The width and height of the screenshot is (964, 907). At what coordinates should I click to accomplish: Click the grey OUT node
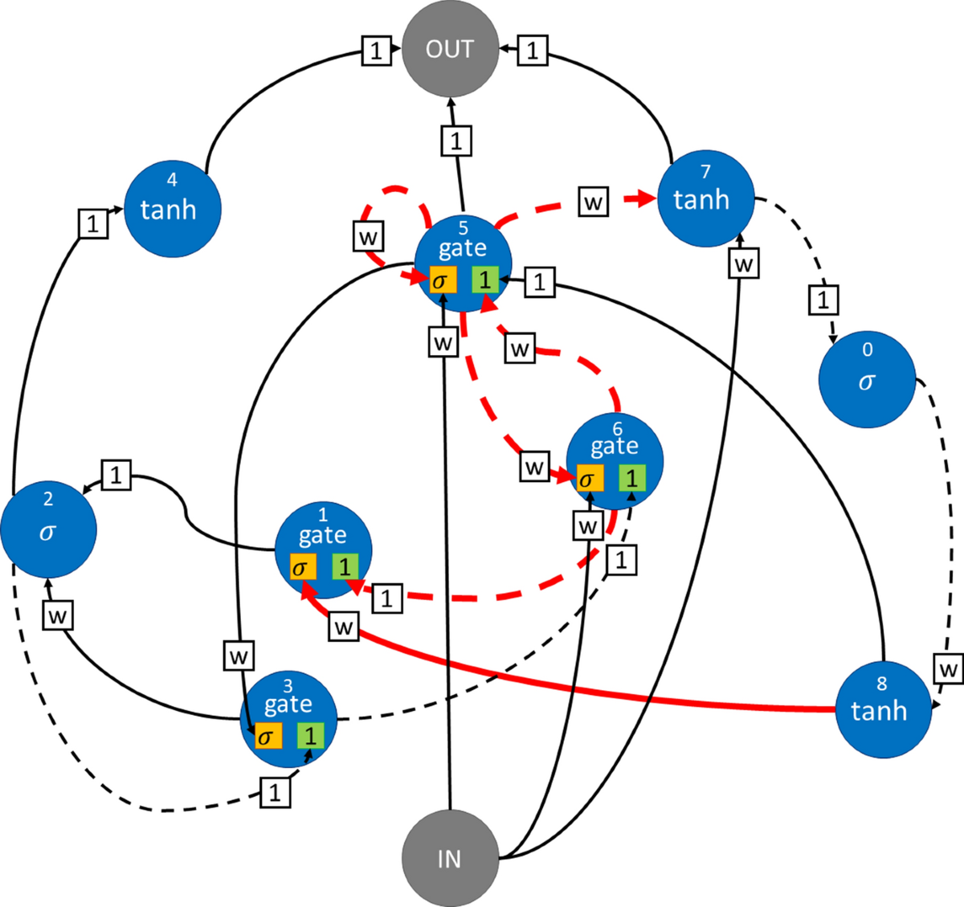(450, 49)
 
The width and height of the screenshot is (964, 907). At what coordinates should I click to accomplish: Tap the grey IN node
(450, 859)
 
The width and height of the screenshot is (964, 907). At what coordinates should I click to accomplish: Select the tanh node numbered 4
(171, 208)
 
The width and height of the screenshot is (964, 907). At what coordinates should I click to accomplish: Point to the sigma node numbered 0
(867, 380)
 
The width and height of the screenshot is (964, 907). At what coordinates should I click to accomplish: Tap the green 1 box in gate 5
(484, 280)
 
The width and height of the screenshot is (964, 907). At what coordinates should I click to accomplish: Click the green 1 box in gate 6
(631, 479)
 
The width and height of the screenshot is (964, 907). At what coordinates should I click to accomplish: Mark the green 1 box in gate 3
(310, 735)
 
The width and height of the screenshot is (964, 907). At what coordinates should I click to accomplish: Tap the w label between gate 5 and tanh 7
(593, 202)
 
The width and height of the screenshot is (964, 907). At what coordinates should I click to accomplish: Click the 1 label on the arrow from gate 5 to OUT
(455, 142)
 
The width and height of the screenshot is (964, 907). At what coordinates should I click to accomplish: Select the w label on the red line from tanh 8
(344, 626)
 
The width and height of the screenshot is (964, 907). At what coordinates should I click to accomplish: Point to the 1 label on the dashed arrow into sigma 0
(823, 300)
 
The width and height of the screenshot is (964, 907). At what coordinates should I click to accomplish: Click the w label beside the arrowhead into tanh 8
(948, 668)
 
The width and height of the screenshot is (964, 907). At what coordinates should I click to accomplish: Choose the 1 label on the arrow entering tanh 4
(93, 223)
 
